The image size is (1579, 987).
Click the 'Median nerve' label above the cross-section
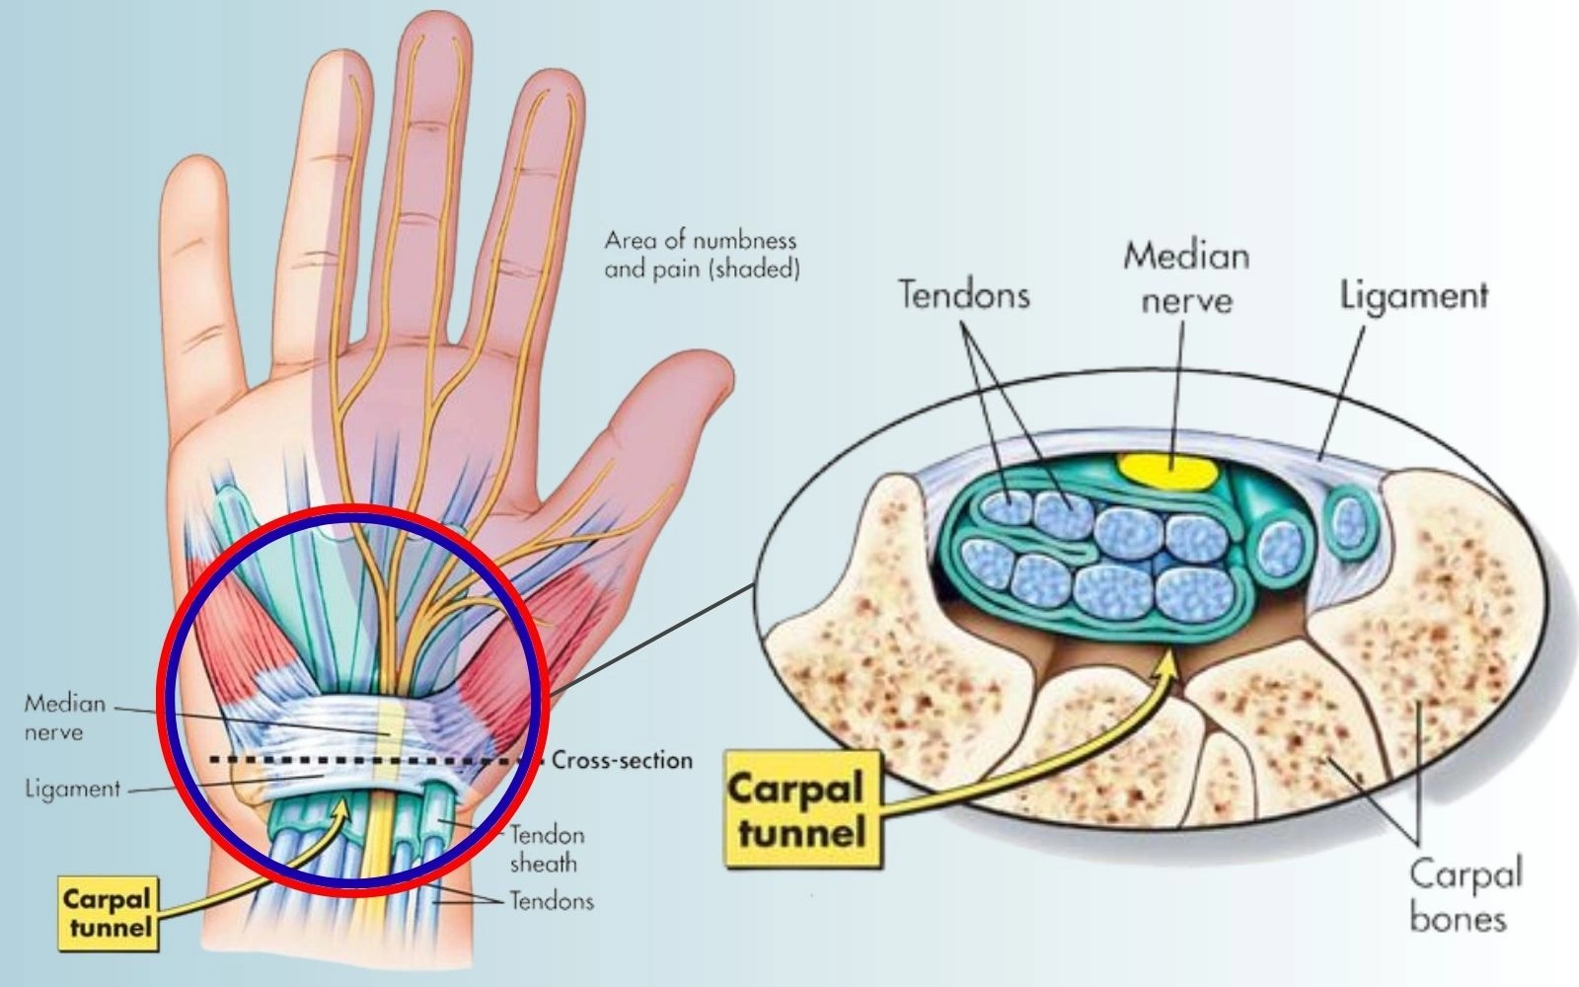click(1186, 277)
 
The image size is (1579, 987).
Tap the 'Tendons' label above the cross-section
click(963, 294)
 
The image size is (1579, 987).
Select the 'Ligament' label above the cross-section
click(1413, 294)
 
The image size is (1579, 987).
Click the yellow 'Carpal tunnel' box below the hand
click(107, 913)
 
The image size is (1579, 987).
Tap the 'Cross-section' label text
click(622, 760)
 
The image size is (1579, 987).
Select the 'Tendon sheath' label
click(545, 849)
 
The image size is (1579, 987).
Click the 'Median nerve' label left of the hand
click(65, 718)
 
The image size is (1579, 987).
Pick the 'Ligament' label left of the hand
click(71, 790)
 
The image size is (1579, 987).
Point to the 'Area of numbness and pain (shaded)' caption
click(701, 255)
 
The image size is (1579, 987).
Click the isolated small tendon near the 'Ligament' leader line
click(1349, 520)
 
